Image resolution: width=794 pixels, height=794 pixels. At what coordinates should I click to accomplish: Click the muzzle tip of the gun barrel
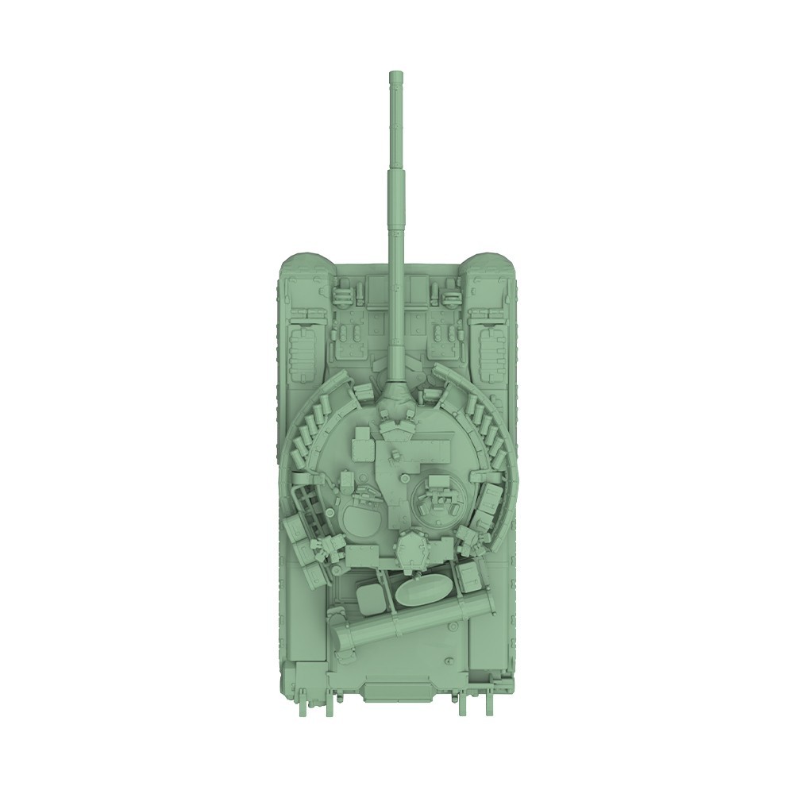[x=394, y=77]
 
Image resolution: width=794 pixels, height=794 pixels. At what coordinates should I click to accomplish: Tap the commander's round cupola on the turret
[x=434, y=496]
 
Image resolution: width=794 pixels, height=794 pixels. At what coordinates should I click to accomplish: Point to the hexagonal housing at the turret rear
[x=411, y=548]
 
